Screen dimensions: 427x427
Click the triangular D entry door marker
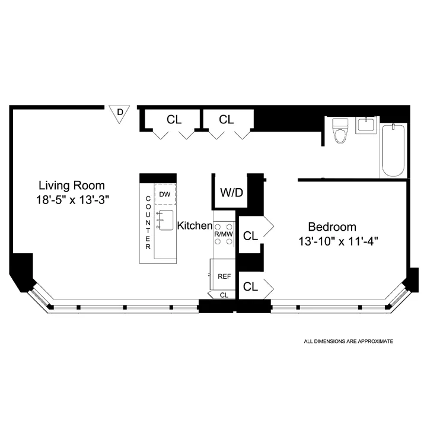pos(120,113)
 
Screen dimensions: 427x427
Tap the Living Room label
pos(72,184)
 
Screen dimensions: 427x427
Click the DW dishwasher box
pos(165,194)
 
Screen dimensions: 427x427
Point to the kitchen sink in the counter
pos(164,219)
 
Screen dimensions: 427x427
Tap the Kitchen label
pos(195,225)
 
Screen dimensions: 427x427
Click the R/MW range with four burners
pos(224,234)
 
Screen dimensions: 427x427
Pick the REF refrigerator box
pos(224,276)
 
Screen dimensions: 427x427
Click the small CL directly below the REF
pos(223,295)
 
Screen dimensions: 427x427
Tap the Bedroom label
pos(332,227)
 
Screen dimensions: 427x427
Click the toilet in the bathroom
pos(340,131)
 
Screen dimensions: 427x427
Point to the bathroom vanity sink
pos(365,126)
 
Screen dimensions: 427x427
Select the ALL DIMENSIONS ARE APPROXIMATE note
pos(348,342)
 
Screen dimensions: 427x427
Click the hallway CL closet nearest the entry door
pos(174,119)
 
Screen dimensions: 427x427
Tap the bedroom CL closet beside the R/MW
pos(250,235)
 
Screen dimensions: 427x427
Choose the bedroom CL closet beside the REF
pos(250,286)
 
